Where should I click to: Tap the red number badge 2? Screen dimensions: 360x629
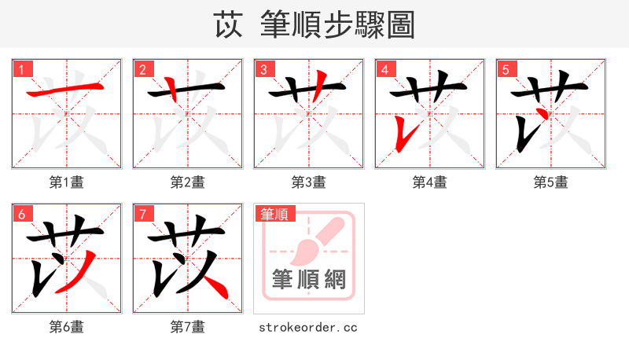pos(143,70)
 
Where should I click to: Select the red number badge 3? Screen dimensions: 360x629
pos(264,70)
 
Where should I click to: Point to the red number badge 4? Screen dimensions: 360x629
pos(385,70)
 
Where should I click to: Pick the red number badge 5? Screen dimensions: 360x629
pos(506,70)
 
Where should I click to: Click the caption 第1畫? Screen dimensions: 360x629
pos(67,182)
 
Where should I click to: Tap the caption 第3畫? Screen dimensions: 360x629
pos(309,182)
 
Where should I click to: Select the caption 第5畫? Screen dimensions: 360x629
pos(551,182)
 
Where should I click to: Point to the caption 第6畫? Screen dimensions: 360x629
pos(67,326)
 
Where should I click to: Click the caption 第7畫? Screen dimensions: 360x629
pos(188,326)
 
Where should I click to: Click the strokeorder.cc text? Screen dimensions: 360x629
pos(308,326)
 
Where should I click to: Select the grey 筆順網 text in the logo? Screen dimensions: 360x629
pos(309,279)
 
